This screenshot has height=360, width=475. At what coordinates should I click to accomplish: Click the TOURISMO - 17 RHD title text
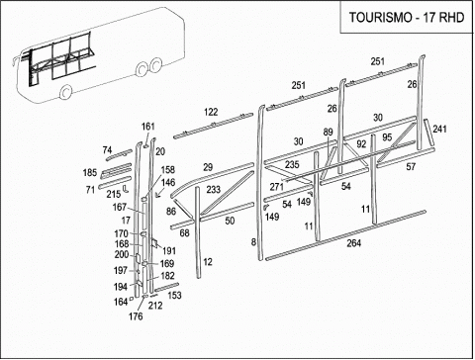[x=407, y=17]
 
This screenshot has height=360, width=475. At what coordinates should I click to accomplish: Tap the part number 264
[x=353, y=243]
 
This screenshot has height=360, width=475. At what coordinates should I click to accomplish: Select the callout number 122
[x=211, y=112]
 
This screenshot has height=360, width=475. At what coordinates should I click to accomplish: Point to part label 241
[x=439, y=129]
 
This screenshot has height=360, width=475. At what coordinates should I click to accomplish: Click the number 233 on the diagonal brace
[x=214, y=190]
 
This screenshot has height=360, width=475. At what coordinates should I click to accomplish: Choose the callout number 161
[x=148, y=127]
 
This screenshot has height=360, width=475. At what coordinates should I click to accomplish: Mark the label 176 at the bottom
[x=136, y=316]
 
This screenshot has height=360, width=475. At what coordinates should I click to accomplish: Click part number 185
[x=90, y=172]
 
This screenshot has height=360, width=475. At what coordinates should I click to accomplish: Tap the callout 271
[x=276, y=187]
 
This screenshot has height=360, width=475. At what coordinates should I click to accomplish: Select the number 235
[x=292, y=164]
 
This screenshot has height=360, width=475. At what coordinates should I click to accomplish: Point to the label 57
[x=411, y=167]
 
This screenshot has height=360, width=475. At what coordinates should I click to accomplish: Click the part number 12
[x=208, y=262]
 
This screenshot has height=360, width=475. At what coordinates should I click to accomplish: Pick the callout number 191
[x=169, y=251]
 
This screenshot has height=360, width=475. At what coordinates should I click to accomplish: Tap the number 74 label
[x=107, y=150]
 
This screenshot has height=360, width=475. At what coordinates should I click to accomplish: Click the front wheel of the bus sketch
[x=66, y=91]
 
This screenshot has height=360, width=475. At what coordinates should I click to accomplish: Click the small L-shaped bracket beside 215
[x=126, y=189]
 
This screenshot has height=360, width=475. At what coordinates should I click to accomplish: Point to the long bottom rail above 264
[x=345, y=235]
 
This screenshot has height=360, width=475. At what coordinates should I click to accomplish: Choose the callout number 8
[x=253, y=242]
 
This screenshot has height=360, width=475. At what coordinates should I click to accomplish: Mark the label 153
[x=174, y=295]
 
